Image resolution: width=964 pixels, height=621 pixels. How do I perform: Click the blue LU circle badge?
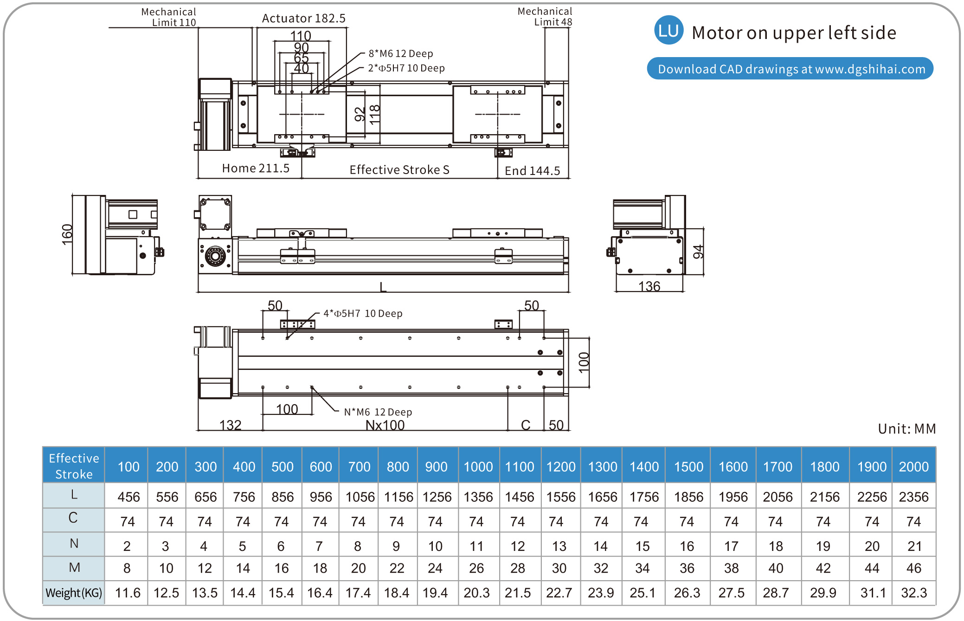pos(668,31)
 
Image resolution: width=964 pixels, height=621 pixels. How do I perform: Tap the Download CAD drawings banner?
pos(790,69)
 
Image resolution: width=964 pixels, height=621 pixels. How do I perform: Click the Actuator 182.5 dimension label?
pos(304,19)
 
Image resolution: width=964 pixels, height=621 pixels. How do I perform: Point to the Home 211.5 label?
pos(256,168)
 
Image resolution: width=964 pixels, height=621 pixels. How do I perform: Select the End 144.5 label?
pos(533,171)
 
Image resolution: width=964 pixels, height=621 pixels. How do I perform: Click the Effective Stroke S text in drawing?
pos(399,170)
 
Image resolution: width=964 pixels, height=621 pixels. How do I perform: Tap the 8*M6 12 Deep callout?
pos(401,54)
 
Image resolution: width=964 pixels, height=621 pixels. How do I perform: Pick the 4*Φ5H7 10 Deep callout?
pos(363,314)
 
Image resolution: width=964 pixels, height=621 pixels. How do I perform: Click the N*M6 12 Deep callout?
pos(378,412)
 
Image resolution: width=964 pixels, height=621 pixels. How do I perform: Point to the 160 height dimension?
pos(68,235)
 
